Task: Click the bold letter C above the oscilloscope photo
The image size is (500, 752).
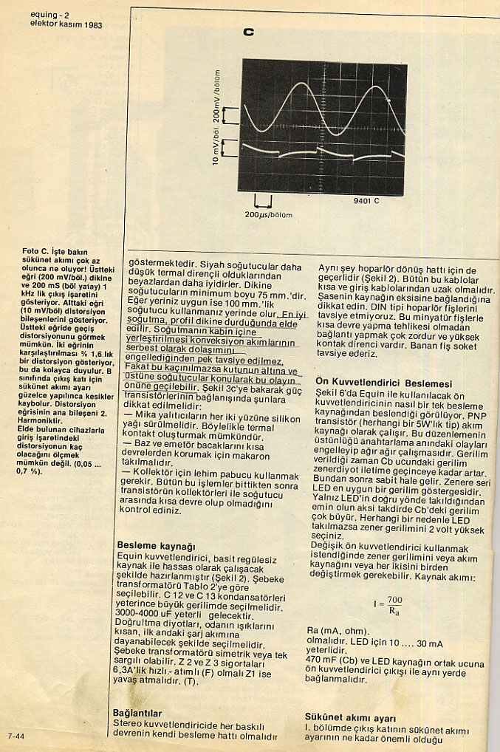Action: tap(248, 33)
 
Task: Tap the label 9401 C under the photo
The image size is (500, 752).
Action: tap(366, 201)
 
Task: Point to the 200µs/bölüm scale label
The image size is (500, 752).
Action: tap(269, 215)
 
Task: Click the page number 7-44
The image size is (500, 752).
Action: tap(17, 736)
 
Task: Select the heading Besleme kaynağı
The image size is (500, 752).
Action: tap(156, 545)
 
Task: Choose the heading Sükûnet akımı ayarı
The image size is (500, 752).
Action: tap(351, 717)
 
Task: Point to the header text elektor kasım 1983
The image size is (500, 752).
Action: tap(66, 24)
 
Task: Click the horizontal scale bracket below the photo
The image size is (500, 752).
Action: tap(263, 202)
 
